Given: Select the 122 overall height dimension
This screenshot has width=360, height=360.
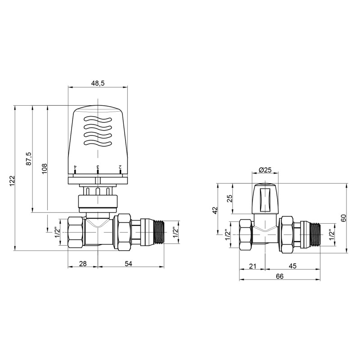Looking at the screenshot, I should [13, 180].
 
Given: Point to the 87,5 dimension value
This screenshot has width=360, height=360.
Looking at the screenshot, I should [29, 159].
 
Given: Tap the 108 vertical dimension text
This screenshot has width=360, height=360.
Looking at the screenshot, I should [44, 168].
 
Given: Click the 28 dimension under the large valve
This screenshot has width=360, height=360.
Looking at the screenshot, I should [83, 263].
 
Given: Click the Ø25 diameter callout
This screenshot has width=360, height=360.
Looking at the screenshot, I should [265, 170].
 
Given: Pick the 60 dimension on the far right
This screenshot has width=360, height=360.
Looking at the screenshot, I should [344, 218].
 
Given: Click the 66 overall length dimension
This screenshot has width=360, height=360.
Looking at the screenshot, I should [279, 276].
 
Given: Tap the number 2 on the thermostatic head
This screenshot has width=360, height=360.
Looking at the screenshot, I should [120, 167].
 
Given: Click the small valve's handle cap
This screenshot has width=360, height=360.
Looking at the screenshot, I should [265, 198].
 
